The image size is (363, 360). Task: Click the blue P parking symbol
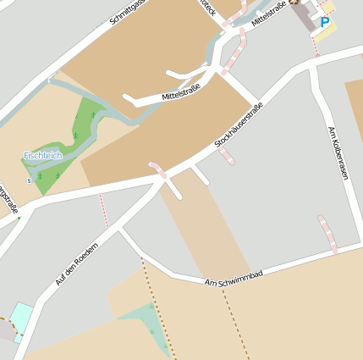(325, 23)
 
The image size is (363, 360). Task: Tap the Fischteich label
(41, 156)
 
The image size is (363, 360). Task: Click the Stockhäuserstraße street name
(239, 126)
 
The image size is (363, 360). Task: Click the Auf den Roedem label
(71, 262)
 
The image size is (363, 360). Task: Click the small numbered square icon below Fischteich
(30, 180)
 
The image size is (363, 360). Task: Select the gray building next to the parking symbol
(305, 18)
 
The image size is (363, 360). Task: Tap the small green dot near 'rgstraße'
(19, 218)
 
